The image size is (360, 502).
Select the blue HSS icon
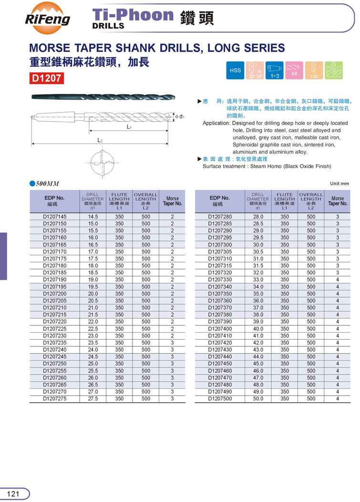click(x=236, y=71)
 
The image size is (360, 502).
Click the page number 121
click(x=13, y=494)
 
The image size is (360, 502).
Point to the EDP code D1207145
click(x=55, y=217)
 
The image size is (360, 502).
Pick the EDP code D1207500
click(x=220, y=398)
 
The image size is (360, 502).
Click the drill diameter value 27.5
click(x=93, y=398)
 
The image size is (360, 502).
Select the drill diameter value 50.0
click(x=258, y=398)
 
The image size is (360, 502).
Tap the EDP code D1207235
click(x=55, y=343)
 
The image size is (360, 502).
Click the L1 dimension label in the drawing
click(x=129, y=127)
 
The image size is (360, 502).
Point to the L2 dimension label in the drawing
click(x=100, y=140)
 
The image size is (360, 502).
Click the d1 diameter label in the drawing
click(x=181, y=116)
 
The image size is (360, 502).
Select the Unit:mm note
click(x=339, y=183)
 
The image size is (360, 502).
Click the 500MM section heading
click(x=47, y=184)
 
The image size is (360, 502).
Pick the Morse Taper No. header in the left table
click(x=173, y=201)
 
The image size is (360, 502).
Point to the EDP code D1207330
click(x=220, y=280)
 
